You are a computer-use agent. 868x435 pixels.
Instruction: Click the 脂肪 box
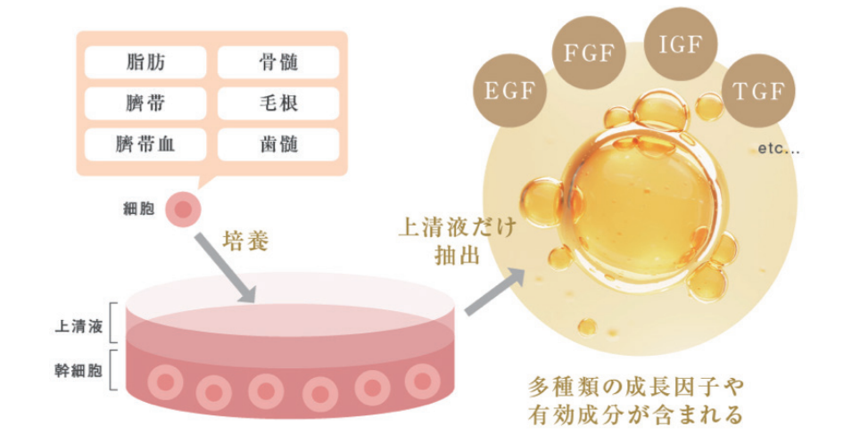click(x=147, y=62)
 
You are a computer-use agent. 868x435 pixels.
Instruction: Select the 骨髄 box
click(x=278, y=62)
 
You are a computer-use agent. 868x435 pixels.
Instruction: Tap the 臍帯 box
click(x=147, y=103)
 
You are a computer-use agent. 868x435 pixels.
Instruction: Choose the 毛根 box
click(x=278, y=103)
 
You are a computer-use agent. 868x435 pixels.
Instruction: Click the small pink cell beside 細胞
click(x=183, y=210)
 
